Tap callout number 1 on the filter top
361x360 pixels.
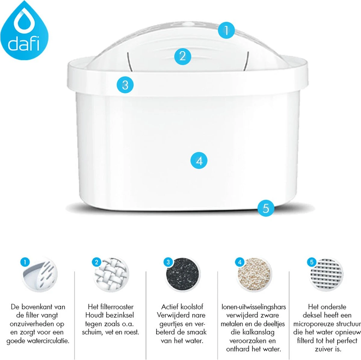[226, 30]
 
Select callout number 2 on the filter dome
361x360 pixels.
[183, 56]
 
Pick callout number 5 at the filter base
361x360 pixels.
[266, 208]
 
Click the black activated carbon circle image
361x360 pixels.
[183, 274]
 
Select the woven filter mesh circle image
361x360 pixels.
[111, 274]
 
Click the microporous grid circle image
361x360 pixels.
[326, 274]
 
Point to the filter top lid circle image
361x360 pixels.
[39, 274]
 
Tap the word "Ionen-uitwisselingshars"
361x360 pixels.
[254, 307]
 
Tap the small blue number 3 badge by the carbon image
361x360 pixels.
[168, 262]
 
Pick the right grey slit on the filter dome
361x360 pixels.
[247, 62]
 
